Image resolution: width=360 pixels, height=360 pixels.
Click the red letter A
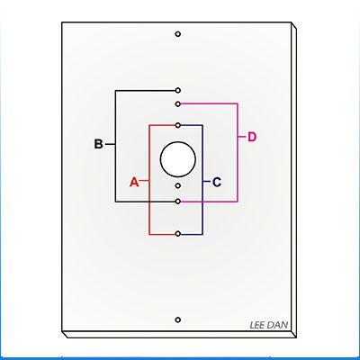tap(134, 182)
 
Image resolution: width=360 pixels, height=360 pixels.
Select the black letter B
tap(98, 144)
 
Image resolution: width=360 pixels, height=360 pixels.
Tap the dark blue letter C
tap(217, 182)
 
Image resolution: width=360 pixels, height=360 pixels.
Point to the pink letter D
tap(252, 137)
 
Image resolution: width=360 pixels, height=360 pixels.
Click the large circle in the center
tap(178, 159)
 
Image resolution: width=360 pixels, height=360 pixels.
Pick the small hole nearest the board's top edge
tap(178, 34)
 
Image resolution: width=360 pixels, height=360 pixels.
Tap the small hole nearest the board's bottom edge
tap(178, 319)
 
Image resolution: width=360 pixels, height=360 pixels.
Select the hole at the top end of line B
tap(178, 90)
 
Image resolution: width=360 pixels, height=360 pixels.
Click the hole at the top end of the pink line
tap(178, 104)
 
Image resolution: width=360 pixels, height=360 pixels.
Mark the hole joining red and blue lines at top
tap(178, 125)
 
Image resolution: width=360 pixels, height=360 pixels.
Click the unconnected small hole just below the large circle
tap(178, 186)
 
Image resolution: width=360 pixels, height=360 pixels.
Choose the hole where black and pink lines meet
tap(178, 202)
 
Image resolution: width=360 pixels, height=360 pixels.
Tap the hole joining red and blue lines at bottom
tap(178, 234)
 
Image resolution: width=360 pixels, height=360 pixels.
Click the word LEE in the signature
tap(257, 325)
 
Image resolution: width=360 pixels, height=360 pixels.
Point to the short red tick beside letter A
tap(145, 181)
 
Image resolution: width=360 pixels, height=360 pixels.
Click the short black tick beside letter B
tap(111, 144)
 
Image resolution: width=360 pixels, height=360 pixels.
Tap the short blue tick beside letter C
tap(206, 182)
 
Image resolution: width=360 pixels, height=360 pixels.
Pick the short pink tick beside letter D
tap(241, 137)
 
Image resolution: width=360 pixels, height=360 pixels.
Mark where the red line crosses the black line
tap(149, 202)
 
